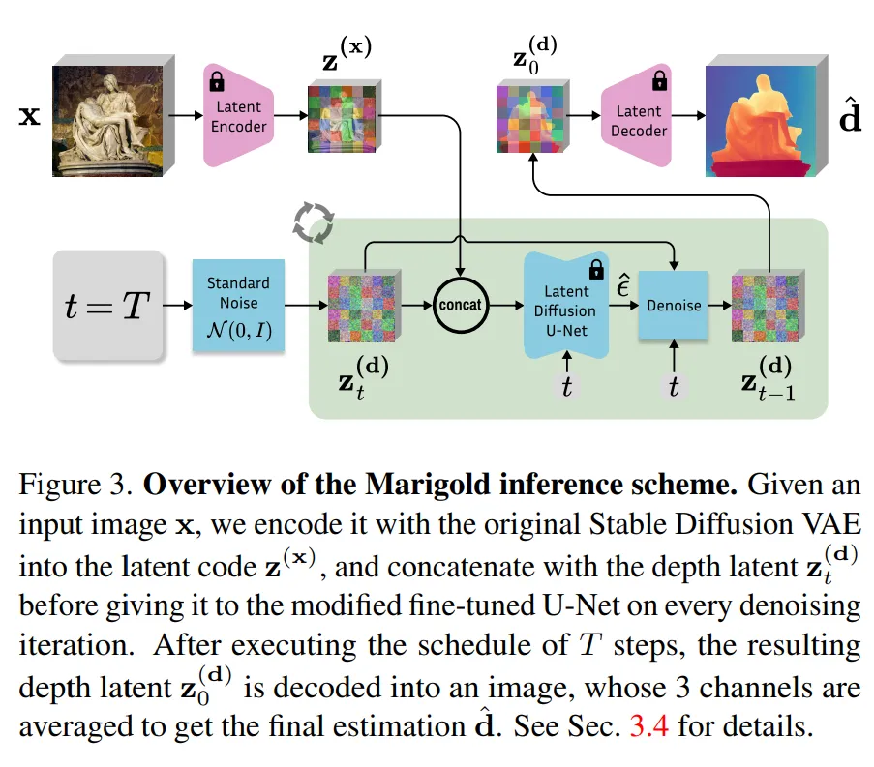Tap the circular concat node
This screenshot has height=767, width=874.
(462, 304)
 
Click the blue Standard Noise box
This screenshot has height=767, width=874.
(238, 306)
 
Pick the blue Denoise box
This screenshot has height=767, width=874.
(674, 306)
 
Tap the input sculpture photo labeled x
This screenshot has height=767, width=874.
(107, 119)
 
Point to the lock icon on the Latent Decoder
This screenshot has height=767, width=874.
(660, 80)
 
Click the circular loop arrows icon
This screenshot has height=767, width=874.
(314, 223)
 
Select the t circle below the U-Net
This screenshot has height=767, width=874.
(566, 387)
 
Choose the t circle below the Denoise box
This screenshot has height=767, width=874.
(674, 387)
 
